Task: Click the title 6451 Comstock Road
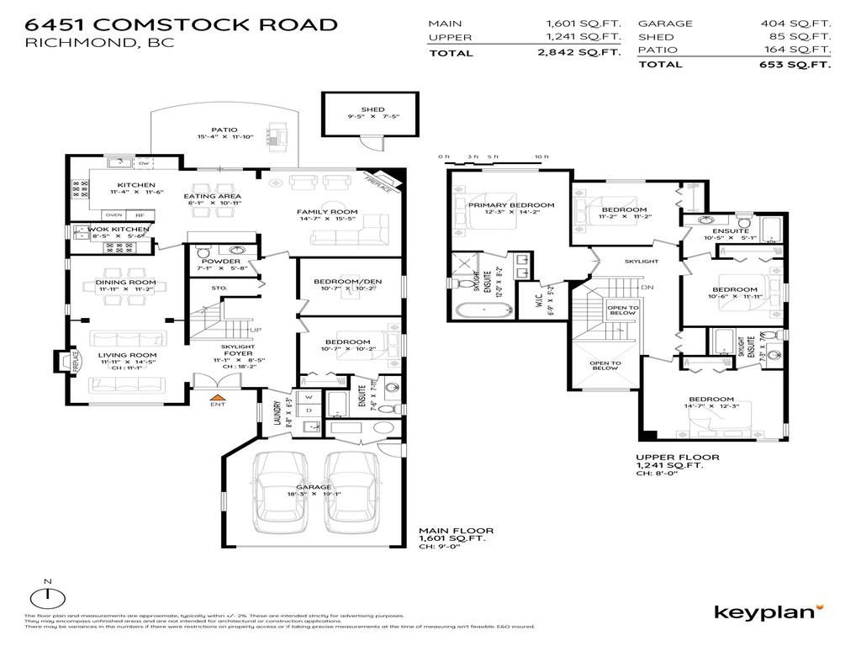point(181,24)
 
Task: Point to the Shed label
point(372,109)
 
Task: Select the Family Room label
point(327,212)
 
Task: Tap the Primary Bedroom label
point(511,205)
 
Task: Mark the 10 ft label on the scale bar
point(541,157)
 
